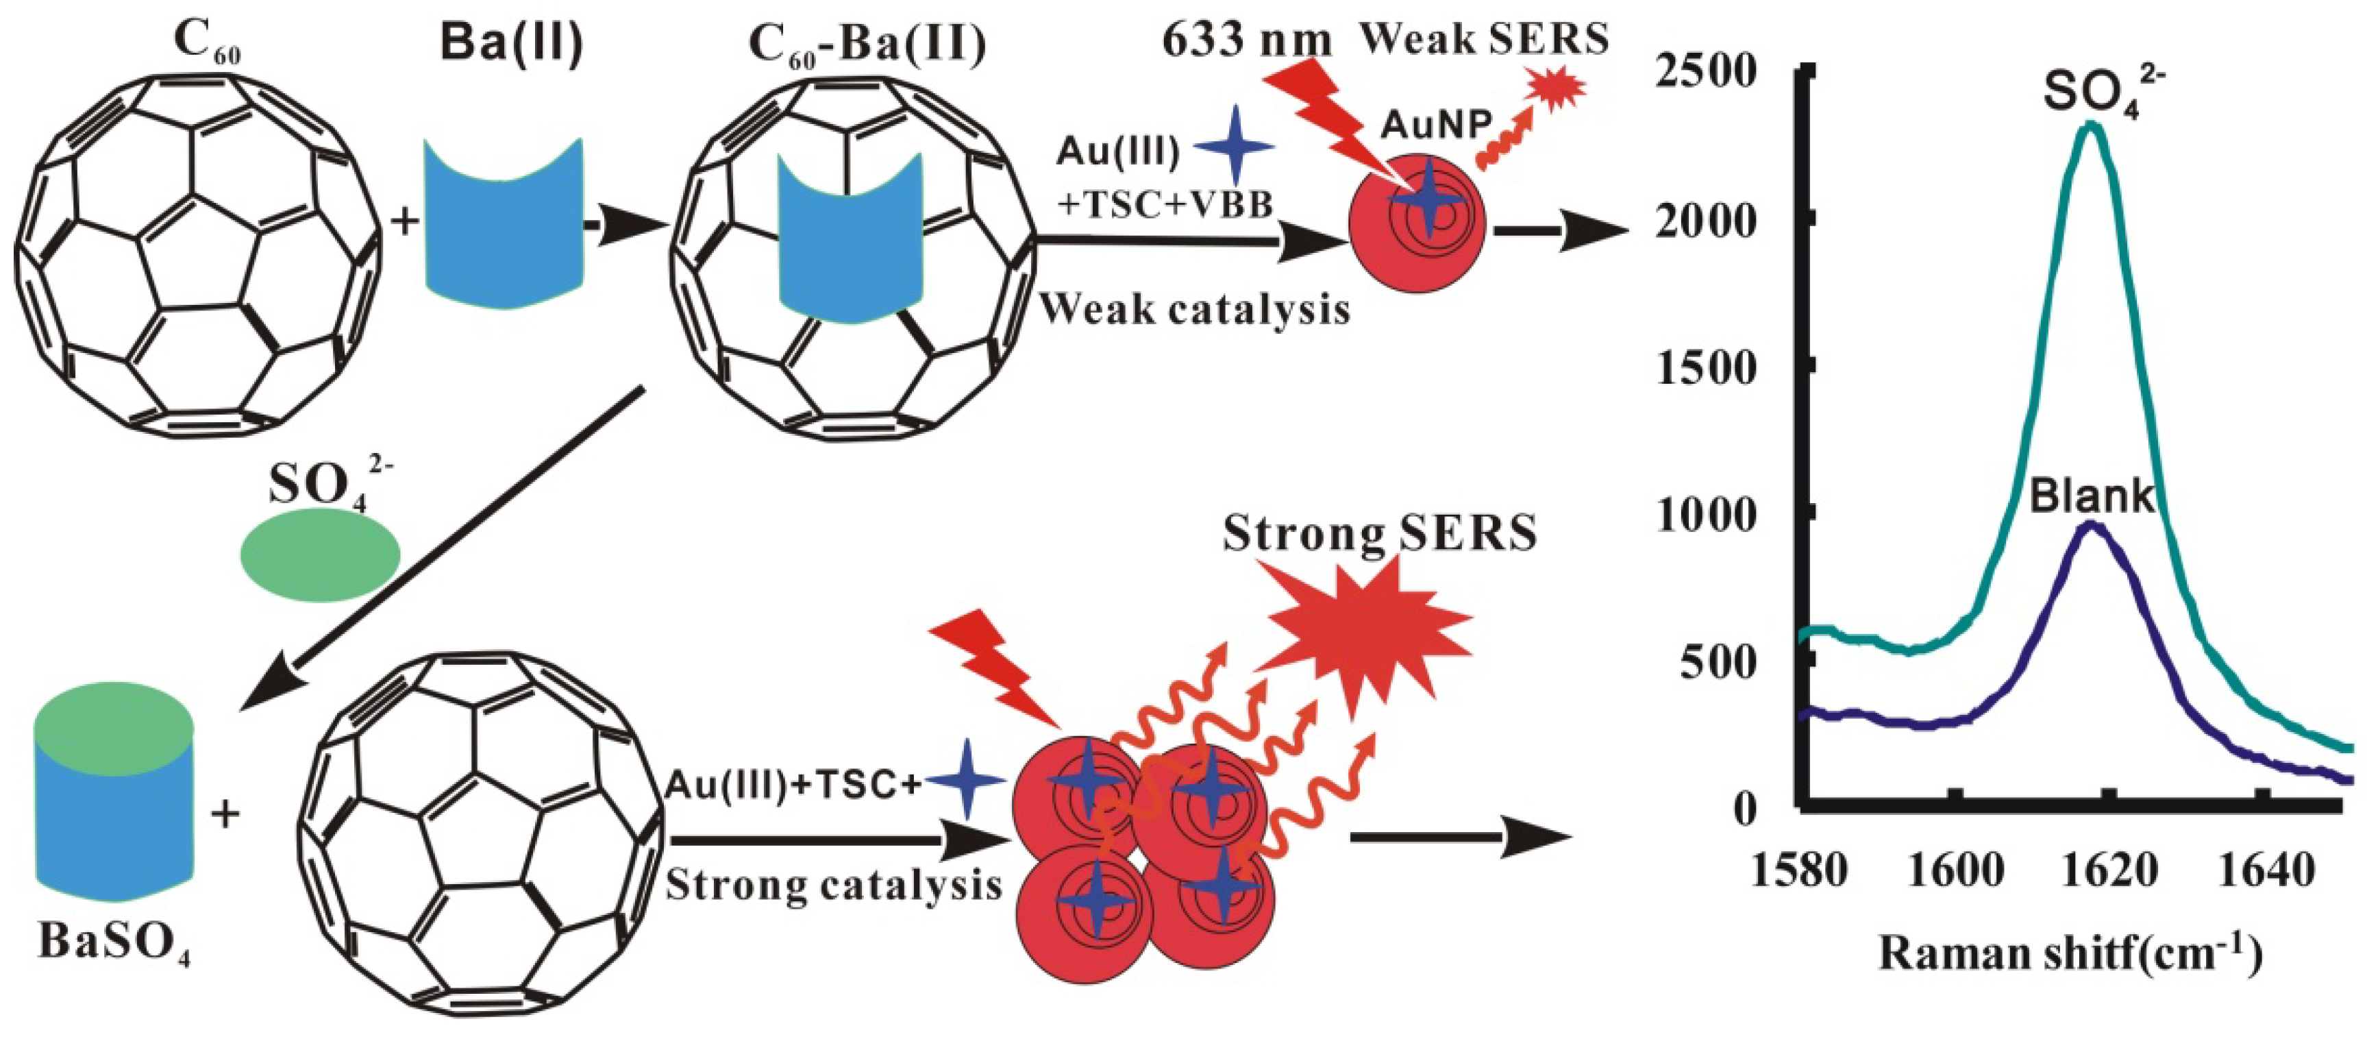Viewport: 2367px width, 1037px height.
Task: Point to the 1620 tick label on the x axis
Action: coord(2109,870)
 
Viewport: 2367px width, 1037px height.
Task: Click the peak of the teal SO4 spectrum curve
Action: coord(2092,126)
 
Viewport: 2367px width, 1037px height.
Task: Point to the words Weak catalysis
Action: coord(1195,310)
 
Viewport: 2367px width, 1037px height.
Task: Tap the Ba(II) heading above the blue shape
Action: coord(512,41)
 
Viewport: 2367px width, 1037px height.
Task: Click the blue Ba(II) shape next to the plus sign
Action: coord(504,223)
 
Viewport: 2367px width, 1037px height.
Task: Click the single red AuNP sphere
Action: coord(1417,223)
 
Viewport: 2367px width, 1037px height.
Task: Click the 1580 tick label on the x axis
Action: coord(1799,870)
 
